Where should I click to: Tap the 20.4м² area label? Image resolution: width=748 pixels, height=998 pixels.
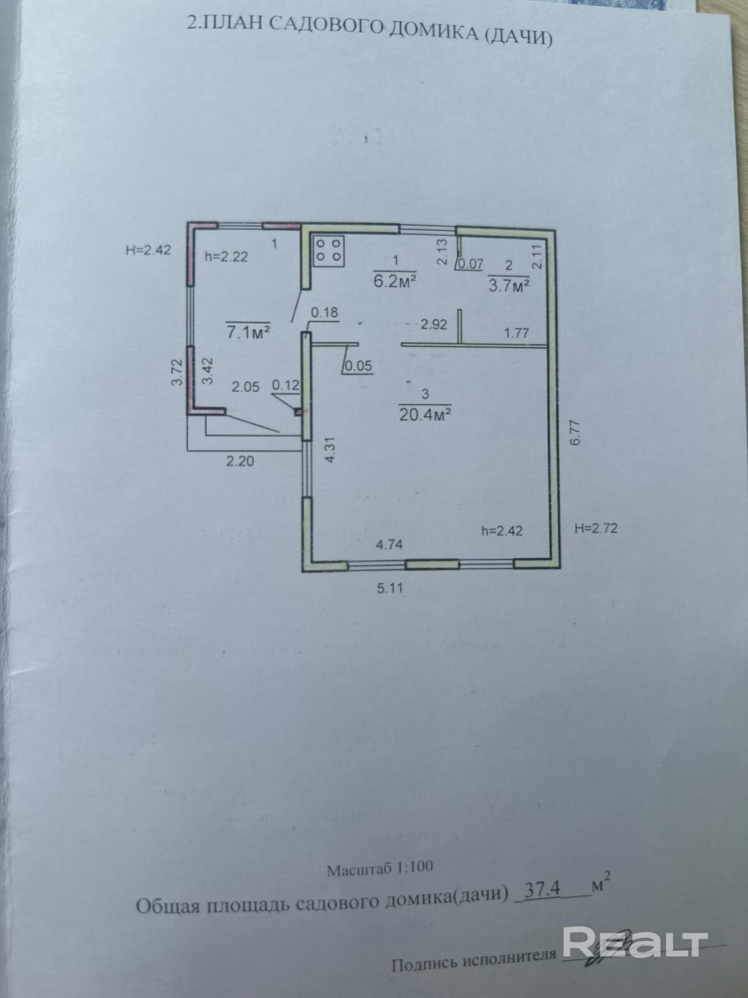pos(425,414)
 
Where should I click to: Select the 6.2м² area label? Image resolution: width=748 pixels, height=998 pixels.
pos(395,281)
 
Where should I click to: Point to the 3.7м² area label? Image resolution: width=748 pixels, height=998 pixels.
pos(509,285)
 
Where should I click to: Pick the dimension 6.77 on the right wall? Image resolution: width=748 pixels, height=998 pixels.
pos(575,432)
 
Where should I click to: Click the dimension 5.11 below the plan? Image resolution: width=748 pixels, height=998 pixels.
pos(390,588)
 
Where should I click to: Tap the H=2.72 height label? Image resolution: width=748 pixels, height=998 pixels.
pos(595,528)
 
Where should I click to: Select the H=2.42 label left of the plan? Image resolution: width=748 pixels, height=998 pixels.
pos(148,250)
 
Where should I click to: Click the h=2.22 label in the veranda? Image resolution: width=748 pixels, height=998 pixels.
pos(226,256)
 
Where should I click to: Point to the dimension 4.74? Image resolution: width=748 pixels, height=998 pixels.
pos(389,544)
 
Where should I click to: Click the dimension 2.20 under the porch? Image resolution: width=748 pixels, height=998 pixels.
pos(240,462)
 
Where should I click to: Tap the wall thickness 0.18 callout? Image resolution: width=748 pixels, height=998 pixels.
pos(324,312)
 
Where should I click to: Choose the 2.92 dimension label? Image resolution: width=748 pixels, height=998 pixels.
pos(434,324)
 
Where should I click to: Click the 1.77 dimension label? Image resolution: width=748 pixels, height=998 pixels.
pos(516,332)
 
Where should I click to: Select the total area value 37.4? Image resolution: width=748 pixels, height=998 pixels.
pos(542,889)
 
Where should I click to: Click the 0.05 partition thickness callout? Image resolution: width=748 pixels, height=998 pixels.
pos(358,366)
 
